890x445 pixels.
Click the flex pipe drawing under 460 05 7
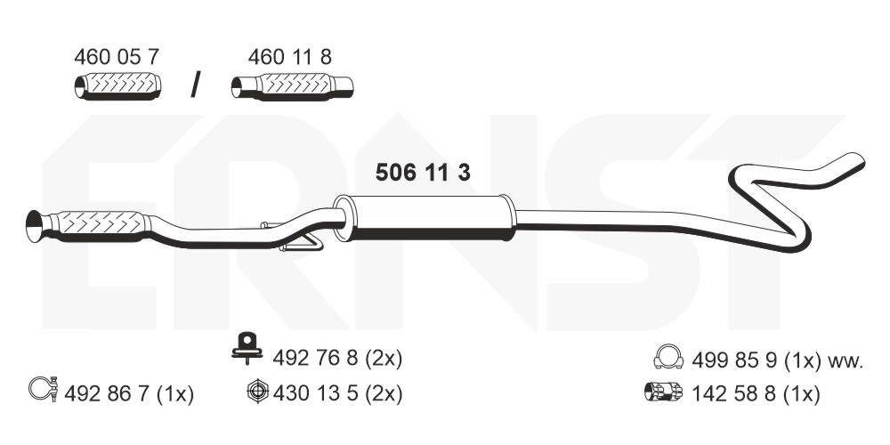[117, 86]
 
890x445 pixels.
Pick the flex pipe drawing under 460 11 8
[292, 86]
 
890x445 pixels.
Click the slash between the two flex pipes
[196, 84]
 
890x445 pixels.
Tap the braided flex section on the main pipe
[100, 224]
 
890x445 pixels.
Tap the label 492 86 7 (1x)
[130, 392]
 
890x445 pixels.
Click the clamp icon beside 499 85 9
[666, 359]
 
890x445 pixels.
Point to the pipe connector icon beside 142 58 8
[662, 392]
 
